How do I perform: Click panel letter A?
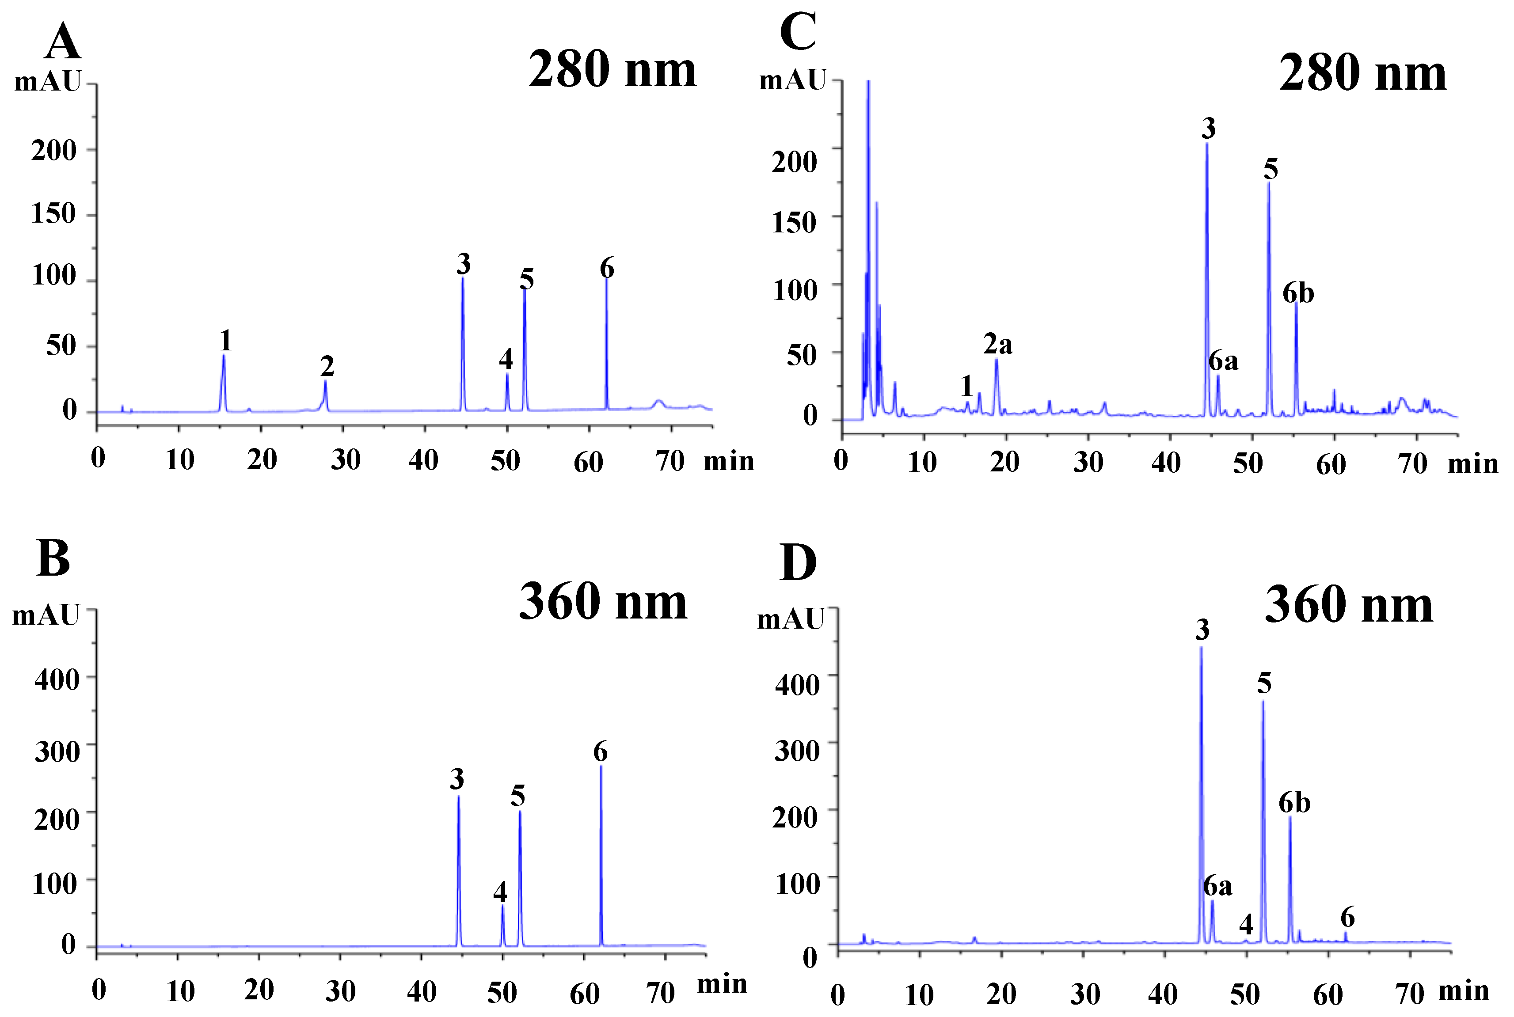click(x=63, y=42)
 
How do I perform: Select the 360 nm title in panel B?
click(x=603, y=602)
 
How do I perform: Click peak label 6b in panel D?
click(x=1294, y=804)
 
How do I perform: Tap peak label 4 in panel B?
click(x=499, y=892)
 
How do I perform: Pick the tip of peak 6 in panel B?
click(x=601, y=767)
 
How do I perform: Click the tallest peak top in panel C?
click(x=868, y=82)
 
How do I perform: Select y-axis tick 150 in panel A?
click(x=54, y=213)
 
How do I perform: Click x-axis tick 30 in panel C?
click(x=1088, y=463)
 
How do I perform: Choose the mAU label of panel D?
click(x=790, y=619)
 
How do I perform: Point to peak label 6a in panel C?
click(x=1223, y=361)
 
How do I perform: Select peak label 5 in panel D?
click(x=1263, y=683)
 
